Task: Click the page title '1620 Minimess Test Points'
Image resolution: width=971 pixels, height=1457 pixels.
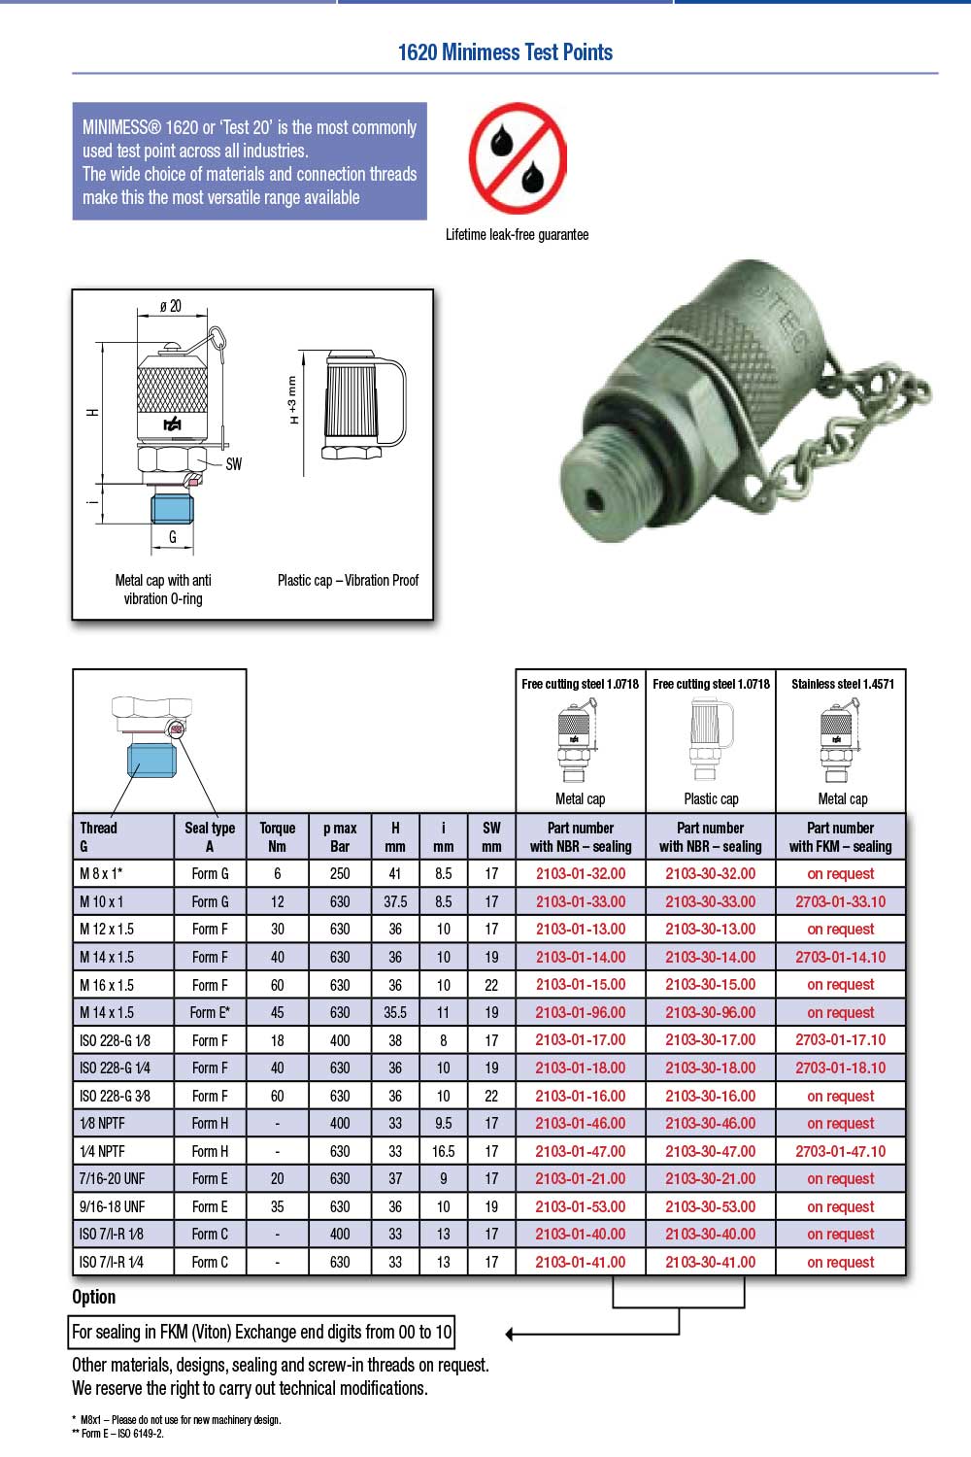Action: click(x=505, y=52)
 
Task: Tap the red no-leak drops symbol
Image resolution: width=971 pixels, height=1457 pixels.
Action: click(x=518, y=159)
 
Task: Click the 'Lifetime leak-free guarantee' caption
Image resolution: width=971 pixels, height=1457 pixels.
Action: click(x=517, y=234)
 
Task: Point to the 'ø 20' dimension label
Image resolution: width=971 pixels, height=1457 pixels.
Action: click(x=171, y=306)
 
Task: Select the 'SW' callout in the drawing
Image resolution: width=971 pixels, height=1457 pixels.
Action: click(x=233, y=463)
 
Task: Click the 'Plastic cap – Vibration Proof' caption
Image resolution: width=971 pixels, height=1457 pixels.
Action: click(x=348, y=580)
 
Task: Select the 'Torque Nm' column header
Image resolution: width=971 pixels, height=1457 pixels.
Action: click(x=277, y=836)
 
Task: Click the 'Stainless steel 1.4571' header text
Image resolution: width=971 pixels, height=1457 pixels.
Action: click(x=842, y=684)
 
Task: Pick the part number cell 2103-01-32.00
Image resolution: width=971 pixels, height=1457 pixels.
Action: click(x=581, y=873)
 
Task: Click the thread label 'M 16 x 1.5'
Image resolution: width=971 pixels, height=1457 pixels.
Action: click(x=107, y=984)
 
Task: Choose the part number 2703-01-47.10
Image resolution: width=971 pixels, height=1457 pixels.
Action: click(x=840, y=1151)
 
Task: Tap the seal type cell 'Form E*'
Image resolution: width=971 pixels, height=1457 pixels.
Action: click(x=210, y=1012)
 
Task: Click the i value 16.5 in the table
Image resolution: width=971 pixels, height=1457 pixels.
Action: click(x=443, y=1151)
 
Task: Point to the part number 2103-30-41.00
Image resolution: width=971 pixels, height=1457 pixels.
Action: click(x=710, y=1262)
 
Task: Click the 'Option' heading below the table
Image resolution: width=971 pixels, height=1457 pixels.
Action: click(x=93, y=1297)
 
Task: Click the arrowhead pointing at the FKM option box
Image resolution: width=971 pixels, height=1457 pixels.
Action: click(x=511, y=1334)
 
